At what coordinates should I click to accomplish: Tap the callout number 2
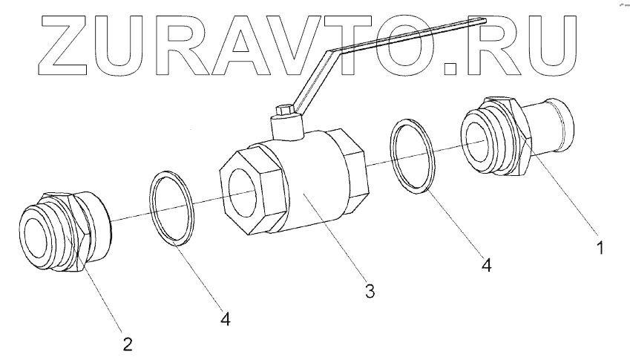pyautogui.click(x=127, y=343)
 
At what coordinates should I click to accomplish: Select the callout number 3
pyautogui.click(x=369, y=290)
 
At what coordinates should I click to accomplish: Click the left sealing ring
pyautogui.click(x=172, y=207)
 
